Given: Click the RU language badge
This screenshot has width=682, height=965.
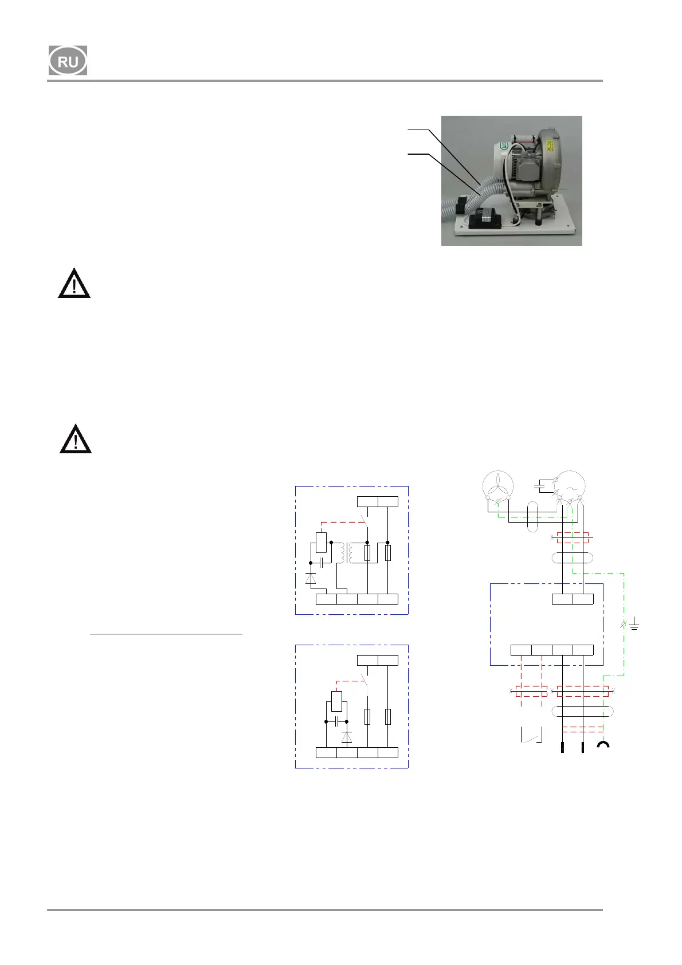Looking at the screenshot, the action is (68, 61).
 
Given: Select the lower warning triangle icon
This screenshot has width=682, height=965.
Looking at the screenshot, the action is (75, 440).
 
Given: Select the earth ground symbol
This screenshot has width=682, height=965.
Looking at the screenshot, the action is (633, 623).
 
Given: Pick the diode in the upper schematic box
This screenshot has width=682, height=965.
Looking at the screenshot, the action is (311, 578).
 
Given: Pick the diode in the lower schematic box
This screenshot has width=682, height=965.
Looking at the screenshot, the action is (347, 737).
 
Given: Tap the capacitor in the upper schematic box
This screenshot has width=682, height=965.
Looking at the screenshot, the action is (321, 563).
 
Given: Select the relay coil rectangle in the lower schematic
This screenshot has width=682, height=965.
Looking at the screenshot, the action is (336, 700).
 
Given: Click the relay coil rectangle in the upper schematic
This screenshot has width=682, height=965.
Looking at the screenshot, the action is (321, 542).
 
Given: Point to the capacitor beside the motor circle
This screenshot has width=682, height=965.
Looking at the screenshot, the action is (540, 487).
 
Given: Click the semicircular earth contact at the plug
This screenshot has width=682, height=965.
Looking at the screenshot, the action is (603, 745).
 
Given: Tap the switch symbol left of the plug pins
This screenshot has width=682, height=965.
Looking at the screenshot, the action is (531, 735).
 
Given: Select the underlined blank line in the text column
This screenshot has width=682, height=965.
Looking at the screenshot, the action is (166, 634).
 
